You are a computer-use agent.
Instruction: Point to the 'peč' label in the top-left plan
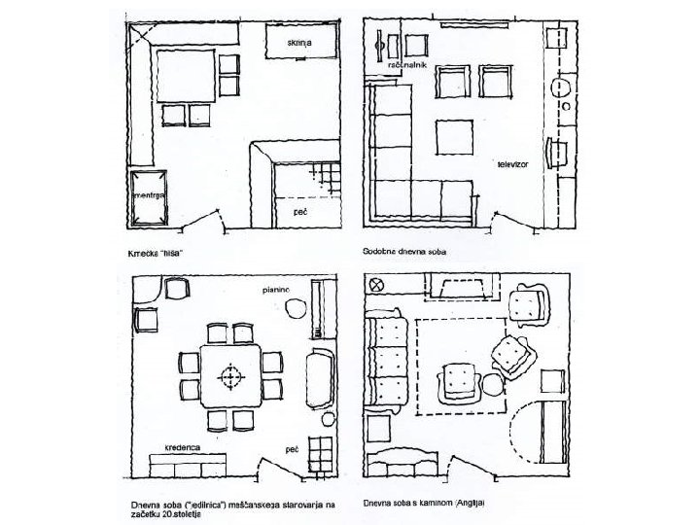(300, 209)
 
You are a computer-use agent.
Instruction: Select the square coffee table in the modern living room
(453, 134)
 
